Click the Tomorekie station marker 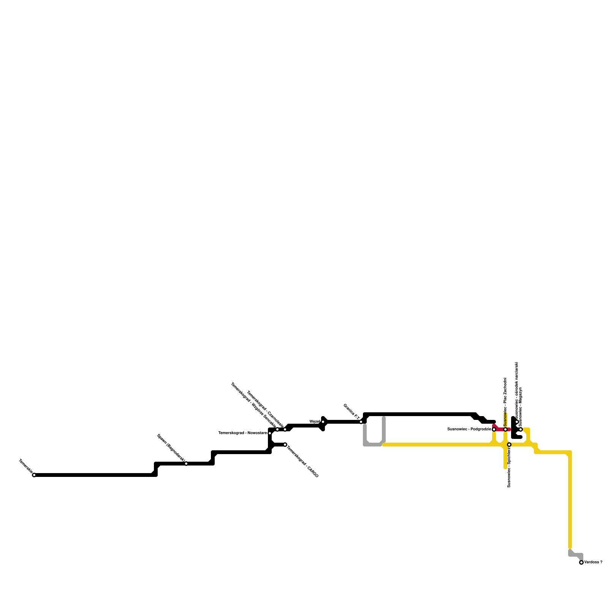[34, 475]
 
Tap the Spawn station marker [186, 464]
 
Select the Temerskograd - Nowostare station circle [270, 433]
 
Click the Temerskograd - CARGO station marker [285, 445]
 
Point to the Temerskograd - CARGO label [302, 461]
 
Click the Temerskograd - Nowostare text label [242, 433]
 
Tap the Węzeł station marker [323, 422]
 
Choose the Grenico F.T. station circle [361, 422]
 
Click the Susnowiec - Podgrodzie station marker [494, 429]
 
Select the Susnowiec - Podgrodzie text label [469, 429]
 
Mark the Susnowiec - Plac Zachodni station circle [505, 429]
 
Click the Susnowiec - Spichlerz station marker [509, 445]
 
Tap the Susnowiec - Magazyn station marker [521, 429]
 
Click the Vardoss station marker [581, 562]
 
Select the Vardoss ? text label [593, 562]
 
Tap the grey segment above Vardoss [575, 555]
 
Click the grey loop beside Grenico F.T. [373, 444]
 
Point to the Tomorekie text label [25, 467]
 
